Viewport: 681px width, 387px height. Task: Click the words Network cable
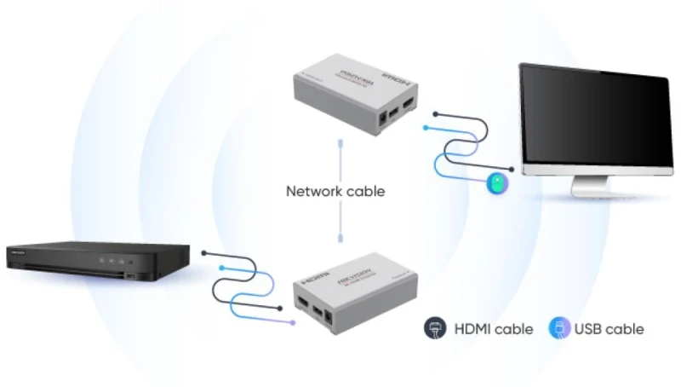(335, 191)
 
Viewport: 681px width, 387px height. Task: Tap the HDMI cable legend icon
(434, 328)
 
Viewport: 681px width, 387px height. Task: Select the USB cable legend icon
(558, 328)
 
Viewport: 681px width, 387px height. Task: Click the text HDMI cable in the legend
(494, 329)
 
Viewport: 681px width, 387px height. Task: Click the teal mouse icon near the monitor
(496, 182)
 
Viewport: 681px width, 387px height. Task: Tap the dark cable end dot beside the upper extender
(435, 112)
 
